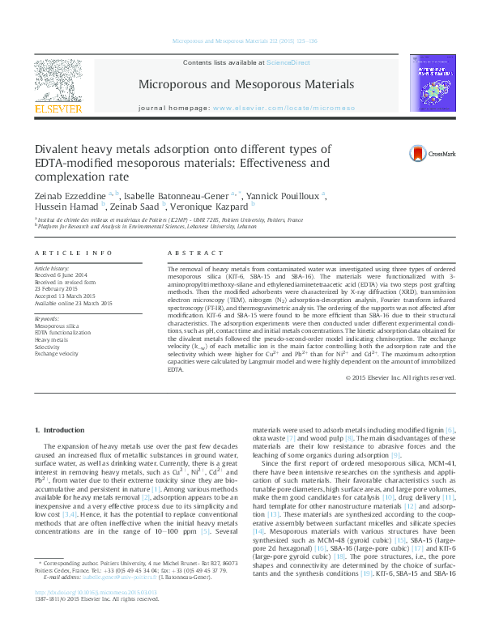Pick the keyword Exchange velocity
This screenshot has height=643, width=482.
[x=57, y=355]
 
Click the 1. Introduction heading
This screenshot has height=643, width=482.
[x=62, y=428]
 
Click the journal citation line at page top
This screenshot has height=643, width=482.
[x=241, y=40]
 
